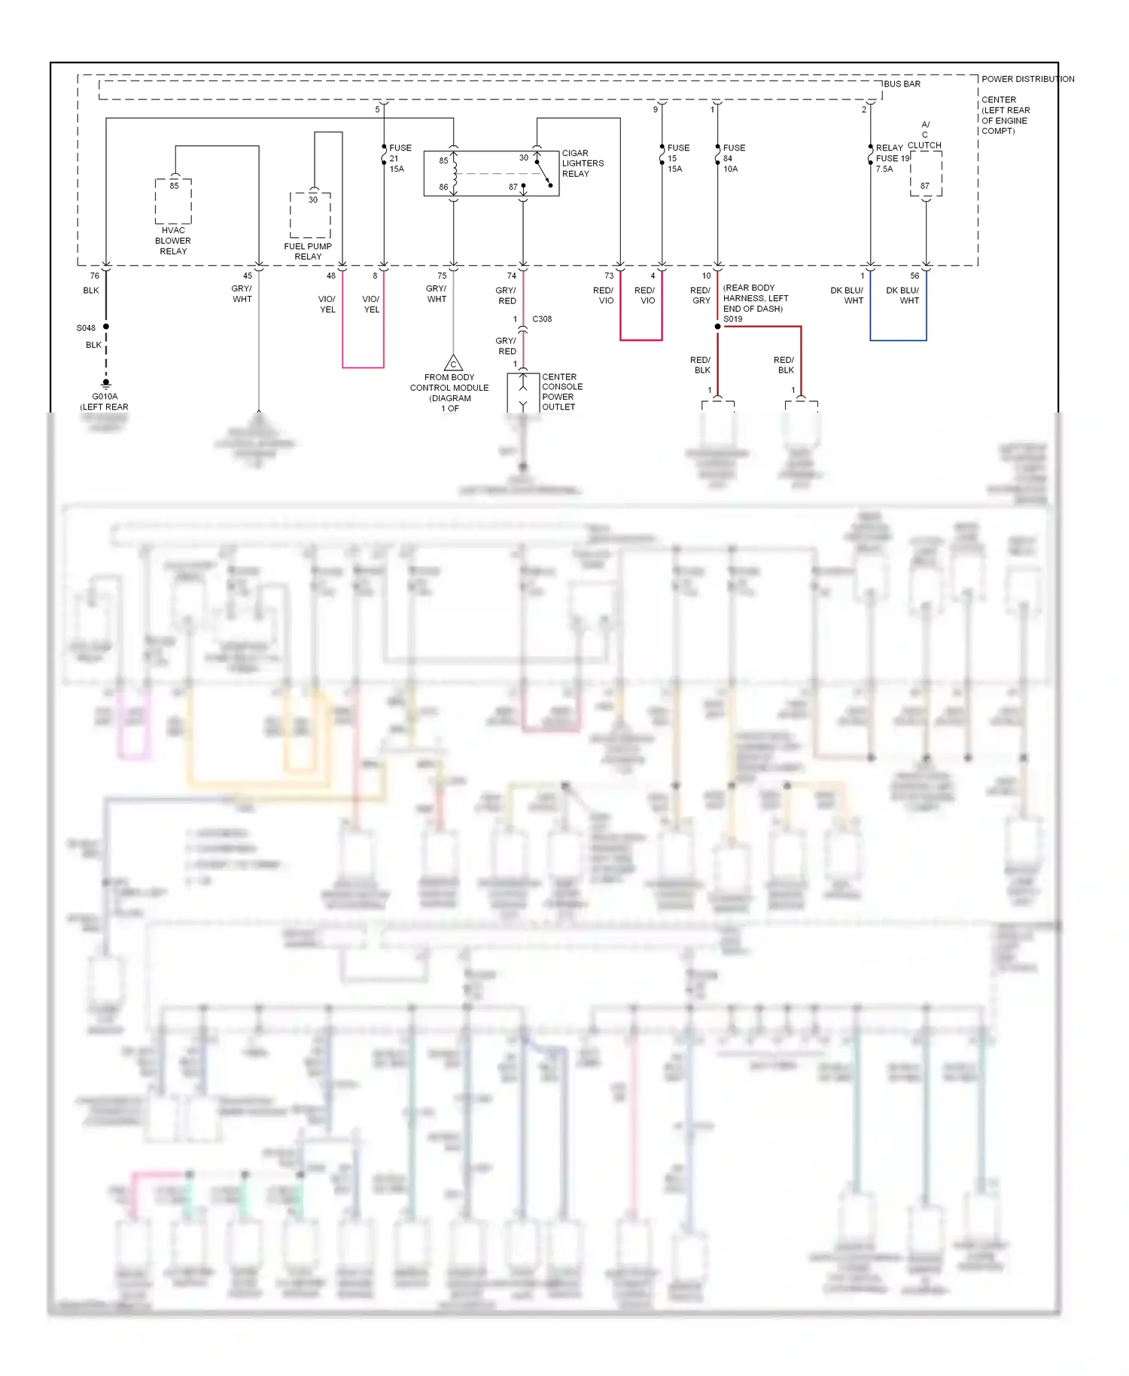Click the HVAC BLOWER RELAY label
[173, 241]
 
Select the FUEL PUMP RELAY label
[308, 251]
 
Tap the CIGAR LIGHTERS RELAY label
[582, 163]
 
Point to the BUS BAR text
[902, 84]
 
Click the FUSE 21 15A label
[400, 159]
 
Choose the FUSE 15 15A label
[677, 159]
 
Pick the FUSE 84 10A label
[733, 159]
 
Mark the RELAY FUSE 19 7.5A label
[891, 159]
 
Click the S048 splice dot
[106, 327]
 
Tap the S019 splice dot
[717, 327]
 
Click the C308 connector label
[542, 319]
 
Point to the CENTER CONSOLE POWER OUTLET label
[561, 391]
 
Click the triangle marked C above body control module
[453, 364]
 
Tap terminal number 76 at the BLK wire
[95, 276]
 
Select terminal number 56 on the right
[914, 276]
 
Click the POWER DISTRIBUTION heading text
[1027, 79]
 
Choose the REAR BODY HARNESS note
[755, 298]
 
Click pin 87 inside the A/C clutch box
[925, 186]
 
